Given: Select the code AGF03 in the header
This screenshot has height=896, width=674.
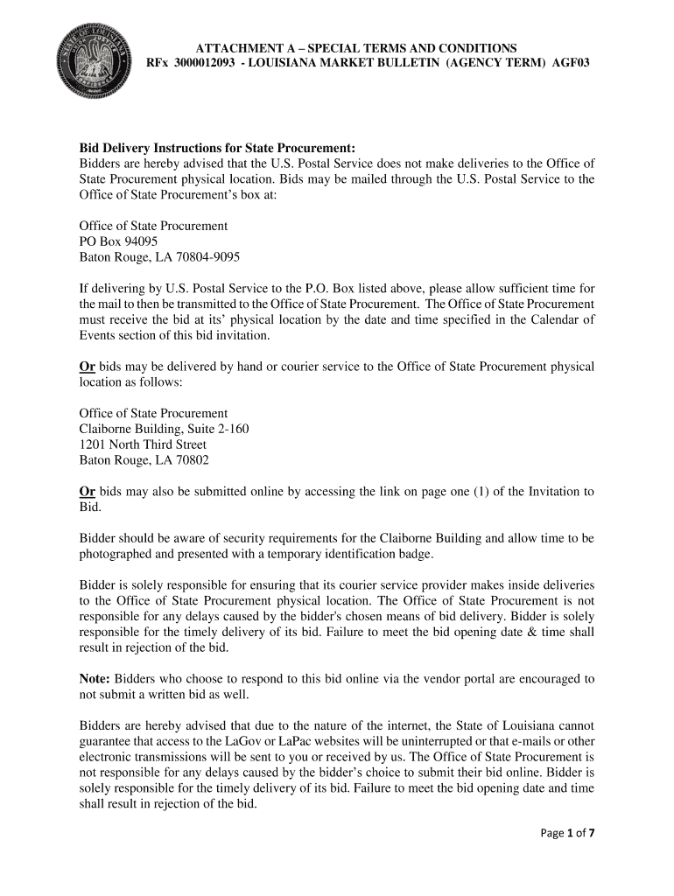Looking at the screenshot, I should click(571, 65).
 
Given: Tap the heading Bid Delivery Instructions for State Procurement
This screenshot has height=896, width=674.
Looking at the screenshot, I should click(217, 148).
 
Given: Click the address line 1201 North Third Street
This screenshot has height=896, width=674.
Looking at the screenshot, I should click(143, 444).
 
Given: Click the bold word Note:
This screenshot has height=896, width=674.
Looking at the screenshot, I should click(95, 678).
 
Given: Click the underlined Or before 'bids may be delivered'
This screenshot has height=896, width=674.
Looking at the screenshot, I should click(88, 367).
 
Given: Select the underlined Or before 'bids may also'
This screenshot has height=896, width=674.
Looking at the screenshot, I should click(88, 492).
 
